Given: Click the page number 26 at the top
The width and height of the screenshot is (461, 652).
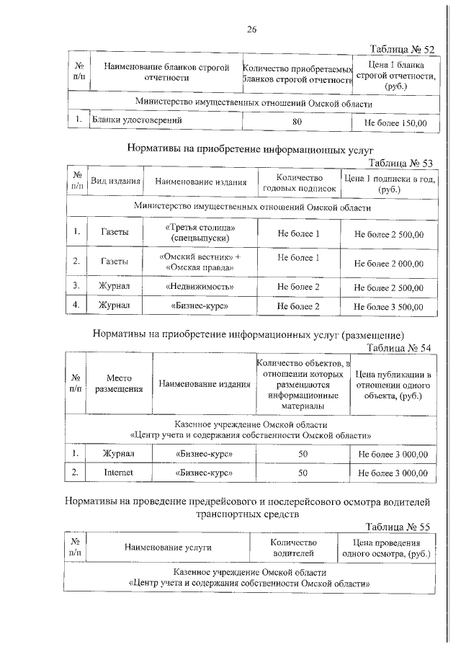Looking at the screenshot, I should [251, 30].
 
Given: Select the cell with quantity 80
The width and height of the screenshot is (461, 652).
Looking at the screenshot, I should [297, 122].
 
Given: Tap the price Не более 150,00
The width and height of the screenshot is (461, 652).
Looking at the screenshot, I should [395, 123].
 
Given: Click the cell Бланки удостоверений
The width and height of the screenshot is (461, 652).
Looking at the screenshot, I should [131, 120].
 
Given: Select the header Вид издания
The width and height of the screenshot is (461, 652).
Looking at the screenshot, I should [115, 182].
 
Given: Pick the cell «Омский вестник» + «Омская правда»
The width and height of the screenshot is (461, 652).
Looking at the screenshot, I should [200, 262].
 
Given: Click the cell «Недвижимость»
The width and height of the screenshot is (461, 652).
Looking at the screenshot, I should [200, 287].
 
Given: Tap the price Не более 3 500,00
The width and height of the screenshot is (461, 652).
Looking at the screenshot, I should [389, 306].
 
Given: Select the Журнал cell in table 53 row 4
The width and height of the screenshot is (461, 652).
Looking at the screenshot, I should [115, 305].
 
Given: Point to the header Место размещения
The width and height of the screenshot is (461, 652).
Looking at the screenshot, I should [119, 383].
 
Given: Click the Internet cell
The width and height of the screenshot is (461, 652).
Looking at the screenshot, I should [119, 473].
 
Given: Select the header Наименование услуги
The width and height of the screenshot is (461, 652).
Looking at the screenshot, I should [168, 548].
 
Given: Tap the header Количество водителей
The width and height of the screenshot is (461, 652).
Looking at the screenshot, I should [293, 548].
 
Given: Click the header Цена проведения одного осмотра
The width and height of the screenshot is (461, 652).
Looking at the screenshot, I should [385, 548].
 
